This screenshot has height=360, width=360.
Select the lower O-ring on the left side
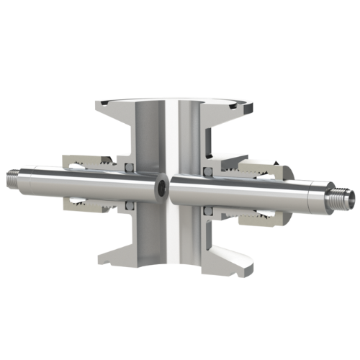[130, 206]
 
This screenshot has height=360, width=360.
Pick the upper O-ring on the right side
[207, 171]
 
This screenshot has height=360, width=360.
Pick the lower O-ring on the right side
[207, 211]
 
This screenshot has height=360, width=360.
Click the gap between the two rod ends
[170, 189]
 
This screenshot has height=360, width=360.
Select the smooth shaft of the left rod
[79, 180]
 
